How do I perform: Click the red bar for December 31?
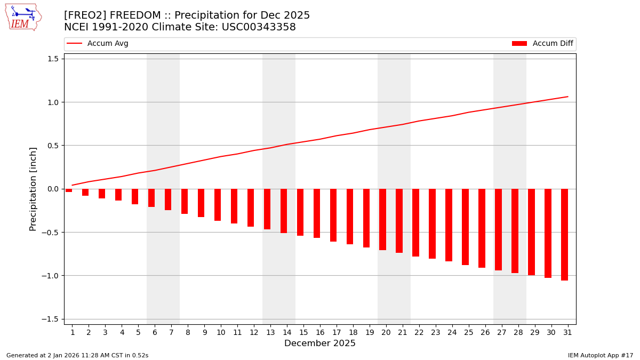pos(564,234)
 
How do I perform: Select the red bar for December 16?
pos(317,213)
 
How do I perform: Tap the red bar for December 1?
pos(69,190)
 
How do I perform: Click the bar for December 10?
pos(218,205)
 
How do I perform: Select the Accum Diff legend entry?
pos(542,44)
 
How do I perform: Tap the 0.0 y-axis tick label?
pos(52,189)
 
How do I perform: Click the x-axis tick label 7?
pos(171,332)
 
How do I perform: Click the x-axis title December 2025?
pos(320,343)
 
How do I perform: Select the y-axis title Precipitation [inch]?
pos(33,189)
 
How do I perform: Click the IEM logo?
pos(23,17)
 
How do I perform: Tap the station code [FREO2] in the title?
pos(85,15)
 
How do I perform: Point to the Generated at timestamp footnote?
pos(77,355)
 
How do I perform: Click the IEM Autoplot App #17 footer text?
pos(601,355)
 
